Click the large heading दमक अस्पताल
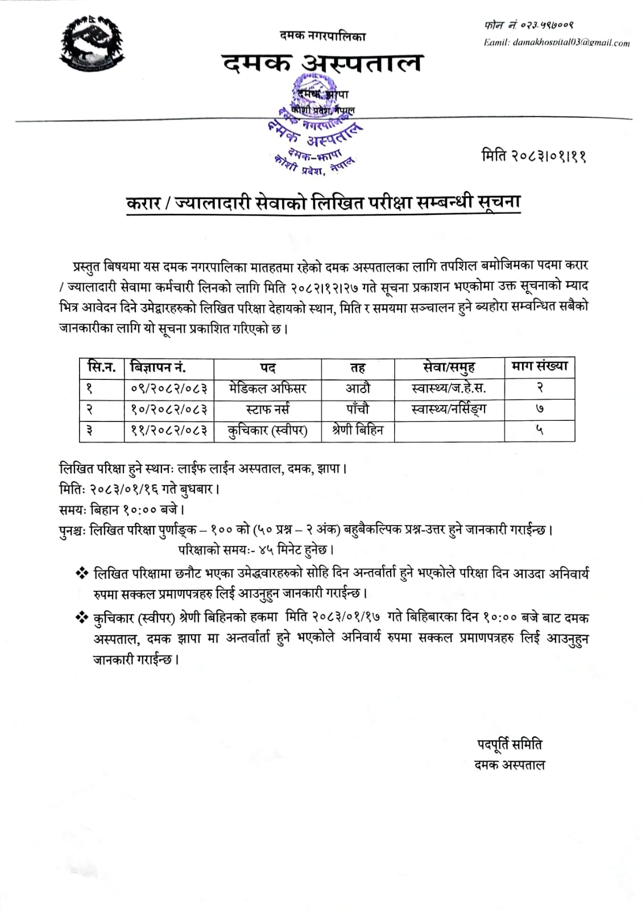coord(322,63)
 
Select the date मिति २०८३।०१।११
coord(533,155)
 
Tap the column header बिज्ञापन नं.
coord(158,367)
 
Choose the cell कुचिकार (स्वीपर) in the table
coord(267,431)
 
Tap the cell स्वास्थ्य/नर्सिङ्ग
coord(449,409)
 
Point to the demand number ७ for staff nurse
coord(539,409)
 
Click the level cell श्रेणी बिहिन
coord(358,431)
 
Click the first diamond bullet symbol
coord(82,573)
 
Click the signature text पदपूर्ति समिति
coord(510,744)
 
